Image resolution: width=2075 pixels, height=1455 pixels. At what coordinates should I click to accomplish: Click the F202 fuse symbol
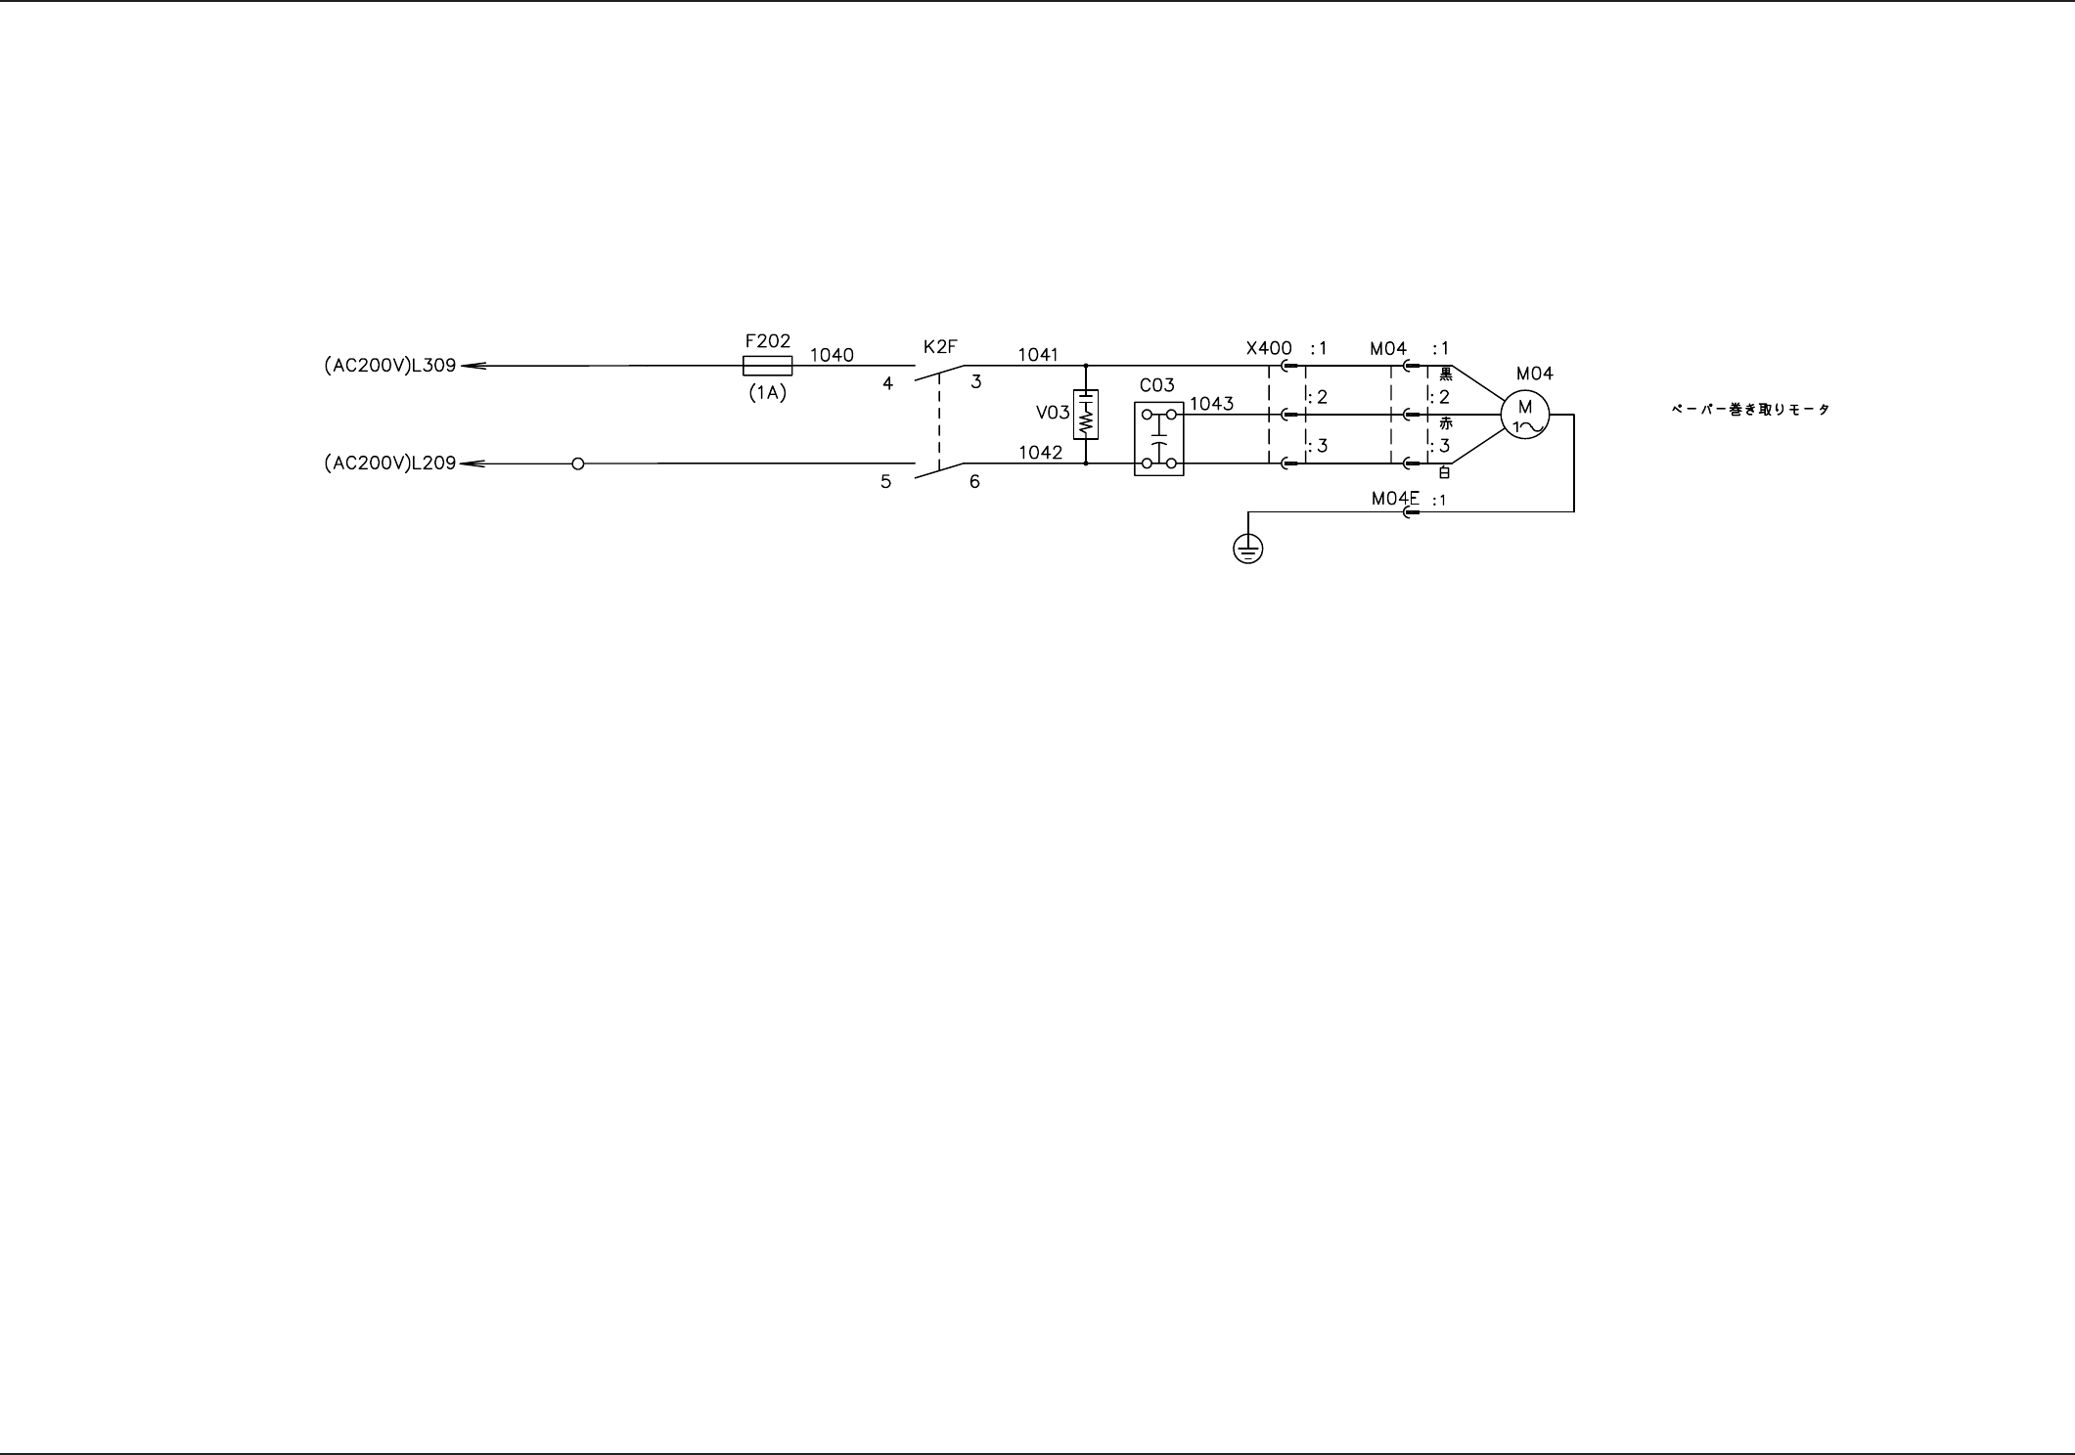(767, 367)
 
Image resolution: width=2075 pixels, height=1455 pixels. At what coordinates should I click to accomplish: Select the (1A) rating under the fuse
(767, 394)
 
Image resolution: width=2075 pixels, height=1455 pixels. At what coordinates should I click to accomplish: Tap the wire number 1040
(832, 355)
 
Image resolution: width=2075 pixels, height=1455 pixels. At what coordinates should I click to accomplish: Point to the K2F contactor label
(940, 346)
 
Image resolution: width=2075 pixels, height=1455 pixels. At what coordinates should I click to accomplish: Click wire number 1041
(1038, 354)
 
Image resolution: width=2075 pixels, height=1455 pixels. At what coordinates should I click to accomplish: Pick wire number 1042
(1040, 453)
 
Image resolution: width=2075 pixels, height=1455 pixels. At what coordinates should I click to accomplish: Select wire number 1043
(1211, 403)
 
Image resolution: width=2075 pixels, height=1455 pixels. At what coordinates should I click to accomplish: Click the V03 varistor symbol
(1086, 415)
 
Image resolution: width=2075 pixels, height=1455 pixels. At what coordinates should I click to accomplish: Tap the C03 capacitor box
(1158, 438)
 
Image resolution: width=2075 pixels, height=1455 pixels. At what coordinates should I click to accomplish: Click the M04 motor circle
(1524, 415)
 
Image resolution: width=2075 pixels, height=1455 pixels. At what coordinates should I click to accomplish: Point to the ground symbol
(1247, 550)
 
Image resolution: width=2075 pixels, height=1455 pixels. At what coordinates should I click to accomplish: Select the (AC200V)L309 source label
(390, 367)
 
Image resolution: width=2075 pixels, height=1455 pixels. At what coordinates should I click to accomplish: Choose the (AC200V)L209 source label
(390, 463)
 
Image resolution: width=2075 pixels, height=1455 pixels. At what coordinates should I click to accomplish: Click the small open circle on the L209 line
(577, 463)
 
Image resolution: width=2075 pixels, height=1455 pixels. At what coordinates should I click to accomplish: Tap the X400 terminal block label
(1269, 348)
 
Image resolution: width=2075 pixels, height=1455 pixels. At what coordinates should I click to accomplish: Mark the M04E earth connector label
(1395, 499)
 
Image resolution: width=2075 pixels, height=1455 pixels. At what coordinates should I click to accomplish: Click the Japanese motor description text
(1750, 410)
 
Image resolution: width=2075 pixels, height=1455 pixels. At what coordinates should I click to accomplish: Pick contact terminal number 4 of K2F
(887, 384)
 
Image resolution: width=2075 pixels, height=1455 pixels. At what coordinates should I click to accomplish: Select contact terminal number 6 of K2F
(974, 482)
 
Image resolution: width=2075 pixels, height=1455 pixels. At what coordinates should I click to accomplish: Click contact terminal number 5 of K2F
(885, 482)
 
